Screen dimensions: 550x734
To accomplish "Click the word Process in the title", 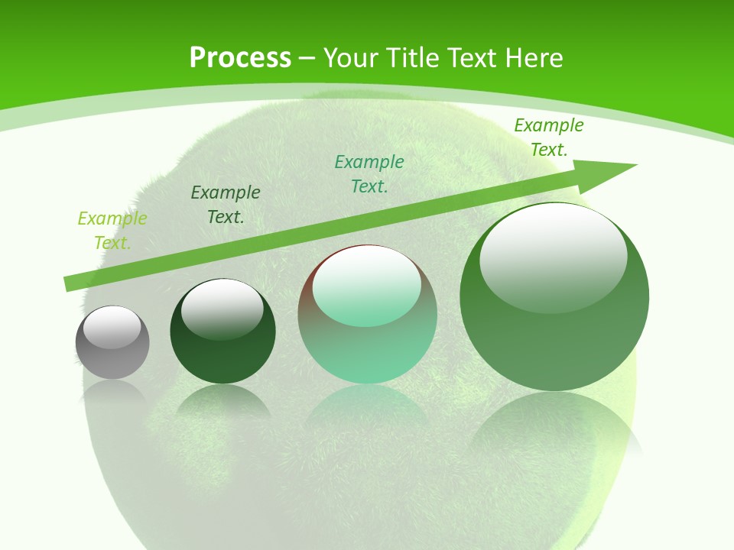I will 240,58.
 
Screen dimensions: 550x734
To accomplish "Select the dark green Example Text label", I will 226,205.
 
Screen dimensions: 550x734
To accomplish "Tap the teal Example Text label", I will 369,174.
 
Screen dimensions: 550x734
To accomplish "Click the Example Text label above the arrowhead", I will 549,137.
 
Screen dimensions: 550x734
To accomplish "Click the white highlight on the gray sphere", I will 112,327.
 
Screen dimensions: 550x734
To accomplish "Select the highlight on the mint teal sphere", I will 367,286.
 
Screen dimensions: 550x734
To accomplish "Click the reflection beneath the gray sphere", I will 112,393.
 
